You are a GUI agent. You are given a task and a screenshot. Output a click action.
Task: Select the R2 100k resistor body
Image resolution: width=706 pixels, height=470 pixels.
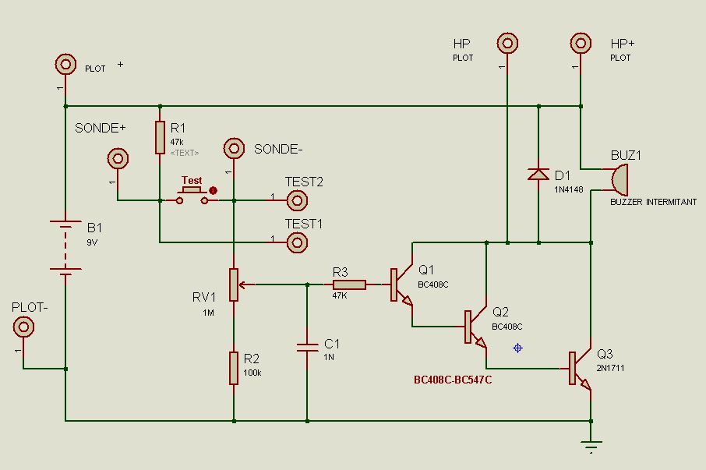click(x=234, y=368)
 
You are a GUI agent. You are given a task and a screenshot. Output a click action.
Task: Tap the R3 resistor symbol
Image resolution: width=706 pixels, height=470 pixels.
click(x=349, y=284)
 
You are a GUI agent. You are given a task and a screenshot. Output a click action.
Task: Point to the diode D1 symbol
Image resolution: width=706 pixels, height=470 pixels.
click(x=538, y=174)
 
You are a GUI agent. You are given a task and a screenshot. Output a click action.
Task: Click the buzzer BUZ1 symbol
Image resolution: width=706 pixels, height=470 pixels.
click(x=618, y=179)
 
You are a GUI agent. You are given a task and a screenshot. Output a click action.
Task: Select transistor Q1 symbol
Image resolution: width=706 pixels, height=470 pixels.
click(x=401, y=285)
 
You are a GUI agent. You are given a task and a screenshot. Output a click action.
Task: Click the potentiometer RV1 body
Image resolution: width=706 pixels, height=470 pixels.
click(x=234, y=284)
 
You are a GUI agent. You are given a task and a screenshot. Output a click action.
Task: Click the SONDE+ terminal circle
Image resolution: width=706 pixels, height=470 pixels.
click(x=118, y=159)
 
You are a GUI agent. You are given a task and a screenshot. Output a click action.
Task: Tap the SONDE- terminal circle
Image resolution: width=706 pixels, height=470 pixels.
click(x=233, y=147)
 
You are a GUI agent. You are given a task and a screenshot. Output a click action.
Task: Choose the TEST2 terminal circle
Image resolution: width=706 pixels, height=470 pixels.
click(x=296, y=201)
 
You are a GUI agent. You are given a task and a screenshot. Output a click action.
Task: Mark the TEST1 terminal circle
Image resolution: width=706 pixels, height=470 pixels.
click(x=296, y=243)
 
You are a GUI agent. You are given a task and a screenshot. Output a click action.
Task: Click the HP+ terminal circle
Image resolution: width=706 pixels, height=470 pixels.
click(x=581, y=42)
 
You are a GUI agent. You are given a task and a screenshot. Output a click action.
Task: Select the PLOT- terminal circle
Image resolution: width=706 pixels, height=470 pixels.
click(x=24, y=327)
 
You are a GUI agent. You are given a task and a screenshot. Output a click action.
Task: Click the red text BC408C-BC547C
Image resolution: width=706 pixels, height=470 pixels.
click(x=453, y=380)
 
